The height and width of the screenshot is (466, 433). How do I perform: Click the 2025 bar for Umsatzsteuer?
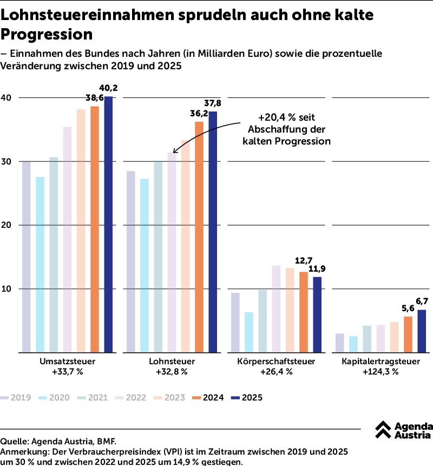pyautogui.click(x=108, y=225)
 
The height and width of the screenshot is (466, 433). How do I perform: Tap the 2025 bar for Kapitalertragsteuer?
pyautogui.click(x=422, y=331)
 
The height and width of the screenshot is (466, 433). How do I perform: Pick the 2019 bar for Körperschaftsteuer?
pyautogui.click(x=235, y=323)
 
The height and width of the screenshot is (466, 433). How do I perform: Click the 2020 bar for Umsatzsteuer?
pyautogui.click(x=40, y=265)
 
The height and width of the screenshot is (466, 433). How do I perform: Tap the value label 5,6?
pyautogui.click(x=408, y=309)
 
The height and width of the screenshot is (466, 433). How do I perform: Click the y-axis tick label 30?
pyautogui.click(x=6, y=161)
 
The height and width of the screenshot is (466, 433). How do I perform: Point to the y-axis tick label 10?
pyautogui.click(x=6, y=288)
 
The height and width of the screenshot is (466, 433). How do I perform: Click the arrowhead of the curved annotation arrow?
pyautogui.click(x=174, y=152)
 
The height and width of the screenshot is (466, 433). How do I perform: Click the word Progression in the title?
pyautogui.click(x=47, y=34)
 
